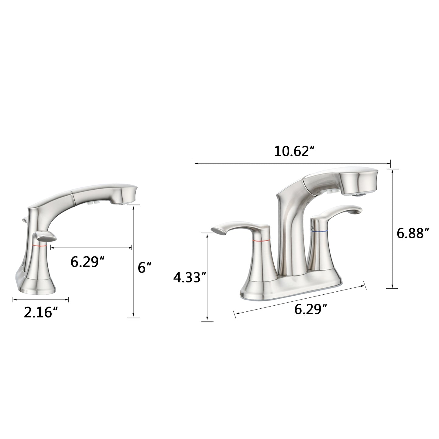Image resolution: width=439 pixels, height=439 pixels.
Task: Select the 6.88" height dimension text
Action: click(413, 233)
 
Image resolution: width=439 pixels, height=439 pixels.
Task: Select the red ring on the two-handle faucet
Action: click(262, 241)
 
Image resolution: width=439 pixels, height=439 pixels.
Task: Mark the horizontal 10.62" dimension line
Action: click(292, 164)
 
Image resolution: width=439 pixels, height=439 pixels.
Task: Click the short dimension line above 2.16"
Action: click(40, 300)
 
